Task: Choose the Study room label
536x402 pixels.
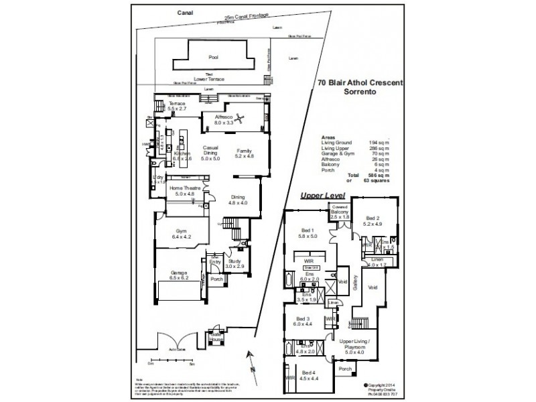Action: [234, 263]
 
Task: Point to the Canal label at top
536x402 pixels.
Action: [184, 12]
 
